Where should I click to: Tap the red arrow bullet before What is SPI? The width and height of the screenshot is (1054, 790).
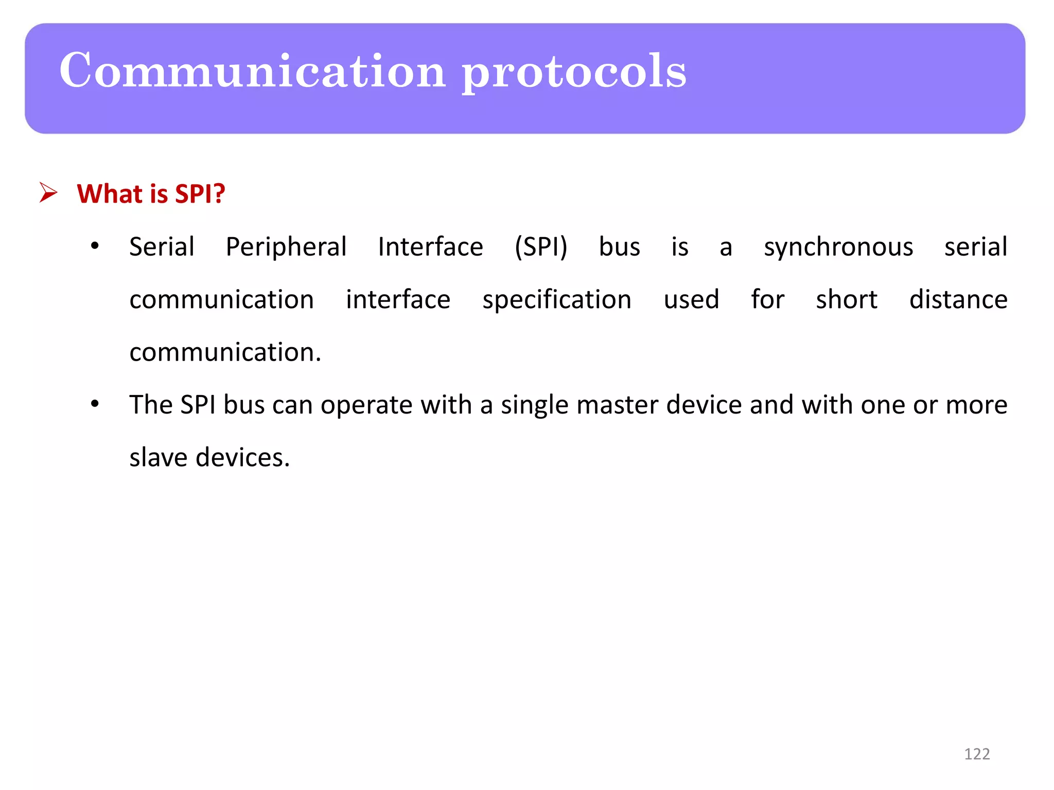click(x=48, y=193)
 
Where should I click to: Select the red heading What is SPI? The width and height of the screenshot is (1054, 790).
click(x=151, y=194)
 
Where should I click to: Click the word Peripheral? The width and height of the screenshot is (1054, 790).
click(x=286, y=247)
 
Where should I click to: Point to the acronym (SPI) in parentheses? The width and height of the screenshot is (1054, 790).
click(x=541, y=247)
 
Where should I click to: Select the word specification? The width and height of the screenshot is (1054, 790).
click(x=557, y=300)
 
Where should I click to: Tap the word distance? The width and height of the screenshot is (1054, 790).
click(x=958, y=299)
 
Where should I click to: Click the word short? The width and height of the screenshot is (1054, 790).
click(x=847, y=299)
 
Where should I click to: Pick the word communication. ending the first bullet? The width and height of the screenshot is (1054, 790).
click(x=225, y=352)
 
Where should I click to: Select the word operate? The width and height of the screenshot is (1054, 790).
click(x=366, y=406)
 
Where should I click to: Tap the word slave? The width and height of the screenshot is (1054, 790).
click(x=158, y=457)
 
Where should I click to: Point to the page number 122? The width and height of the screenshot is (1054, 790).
click(x=976, y=754)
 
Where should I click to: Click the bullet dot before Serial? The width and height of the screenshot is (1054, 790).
click(x=95, y=246)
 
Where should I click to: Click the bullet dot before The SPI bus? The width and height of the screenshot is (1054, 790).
click(x=95, y=404)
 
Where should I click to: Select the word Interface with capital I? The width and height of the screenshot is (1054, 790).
click(x=430, y=247)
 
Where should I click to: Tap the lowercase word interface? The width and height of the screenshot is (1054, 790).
click(x=398, y=299)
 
